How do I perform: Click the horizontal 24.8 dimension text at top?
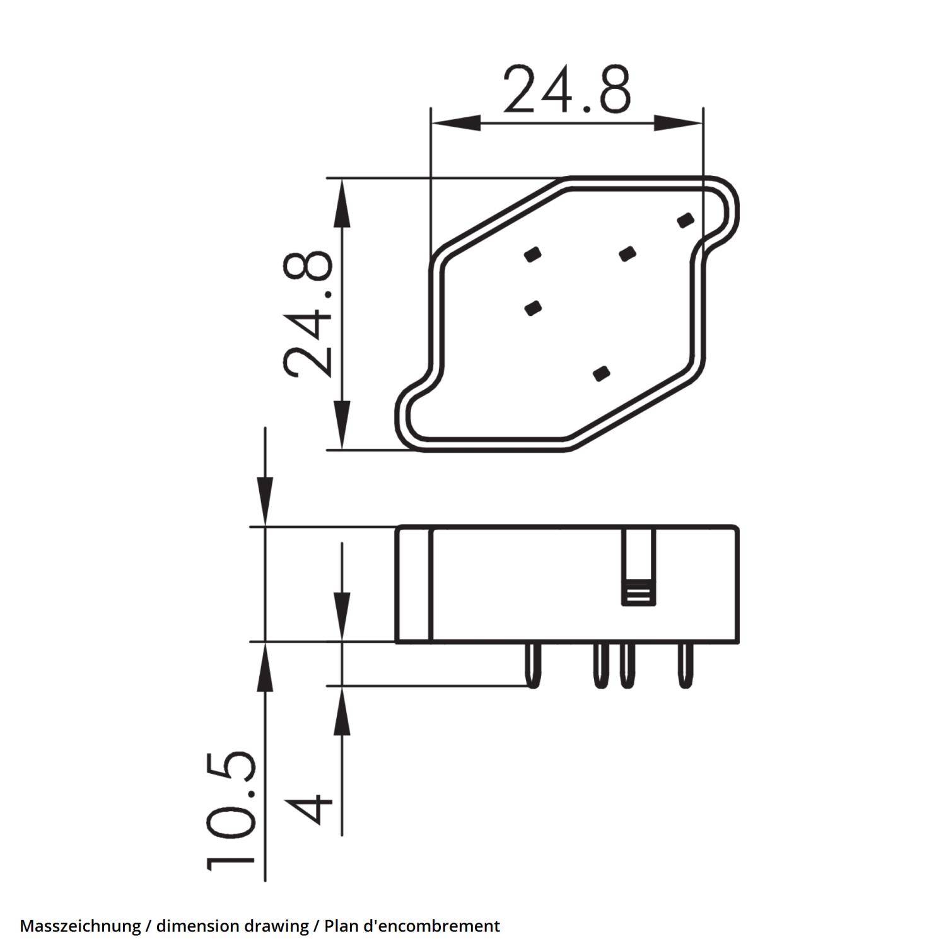pos(566,90)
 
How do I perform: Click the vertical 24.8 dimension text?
pos(307,314)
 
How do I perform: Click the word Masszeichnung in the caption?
pos(80,926)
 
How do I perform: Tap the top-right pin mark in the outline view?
pos(686,220)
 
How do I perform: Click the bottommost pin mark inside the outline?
pos(602,373)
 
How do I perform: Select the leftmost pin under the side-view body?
pos(534,665)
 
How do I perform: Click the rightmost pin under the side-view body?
pos(685,665)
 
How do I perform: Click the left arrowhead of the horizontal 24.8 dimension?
pos(454,122)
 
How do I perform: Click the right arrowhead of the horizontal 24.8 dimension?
pos(679,122)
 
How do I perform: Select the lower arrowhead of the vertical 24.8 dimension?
pos(341,426)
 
